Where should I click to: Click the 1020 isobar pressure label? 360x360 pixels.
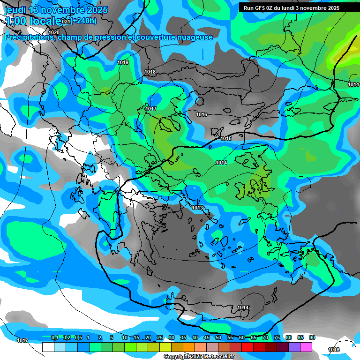point(54,32)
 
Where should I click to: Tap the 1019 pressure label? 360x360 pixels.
point(123,62)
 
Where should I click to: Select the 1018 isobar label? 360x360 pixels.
point(150,72)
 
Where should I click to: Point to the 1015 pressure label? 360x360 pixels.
point(226,138)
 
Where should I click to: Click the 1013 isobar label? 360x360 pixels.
point(197,208)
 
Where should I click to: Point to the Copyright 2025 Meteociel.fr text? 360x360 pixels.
point(199,356)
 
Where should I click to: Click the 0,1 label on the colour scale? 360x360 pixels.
point(55,337)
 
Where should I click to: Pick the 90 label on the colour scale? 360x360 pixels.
point(312,337)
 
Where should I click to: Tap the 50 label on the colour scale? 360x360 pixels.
point(218,337)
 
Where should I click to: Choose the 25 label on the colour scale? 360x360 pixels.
point(160,337)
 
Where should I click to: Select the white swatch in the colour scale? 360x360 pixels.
point(48,347)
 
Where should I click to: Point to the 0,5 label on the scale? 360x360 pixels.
point(78,337)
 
